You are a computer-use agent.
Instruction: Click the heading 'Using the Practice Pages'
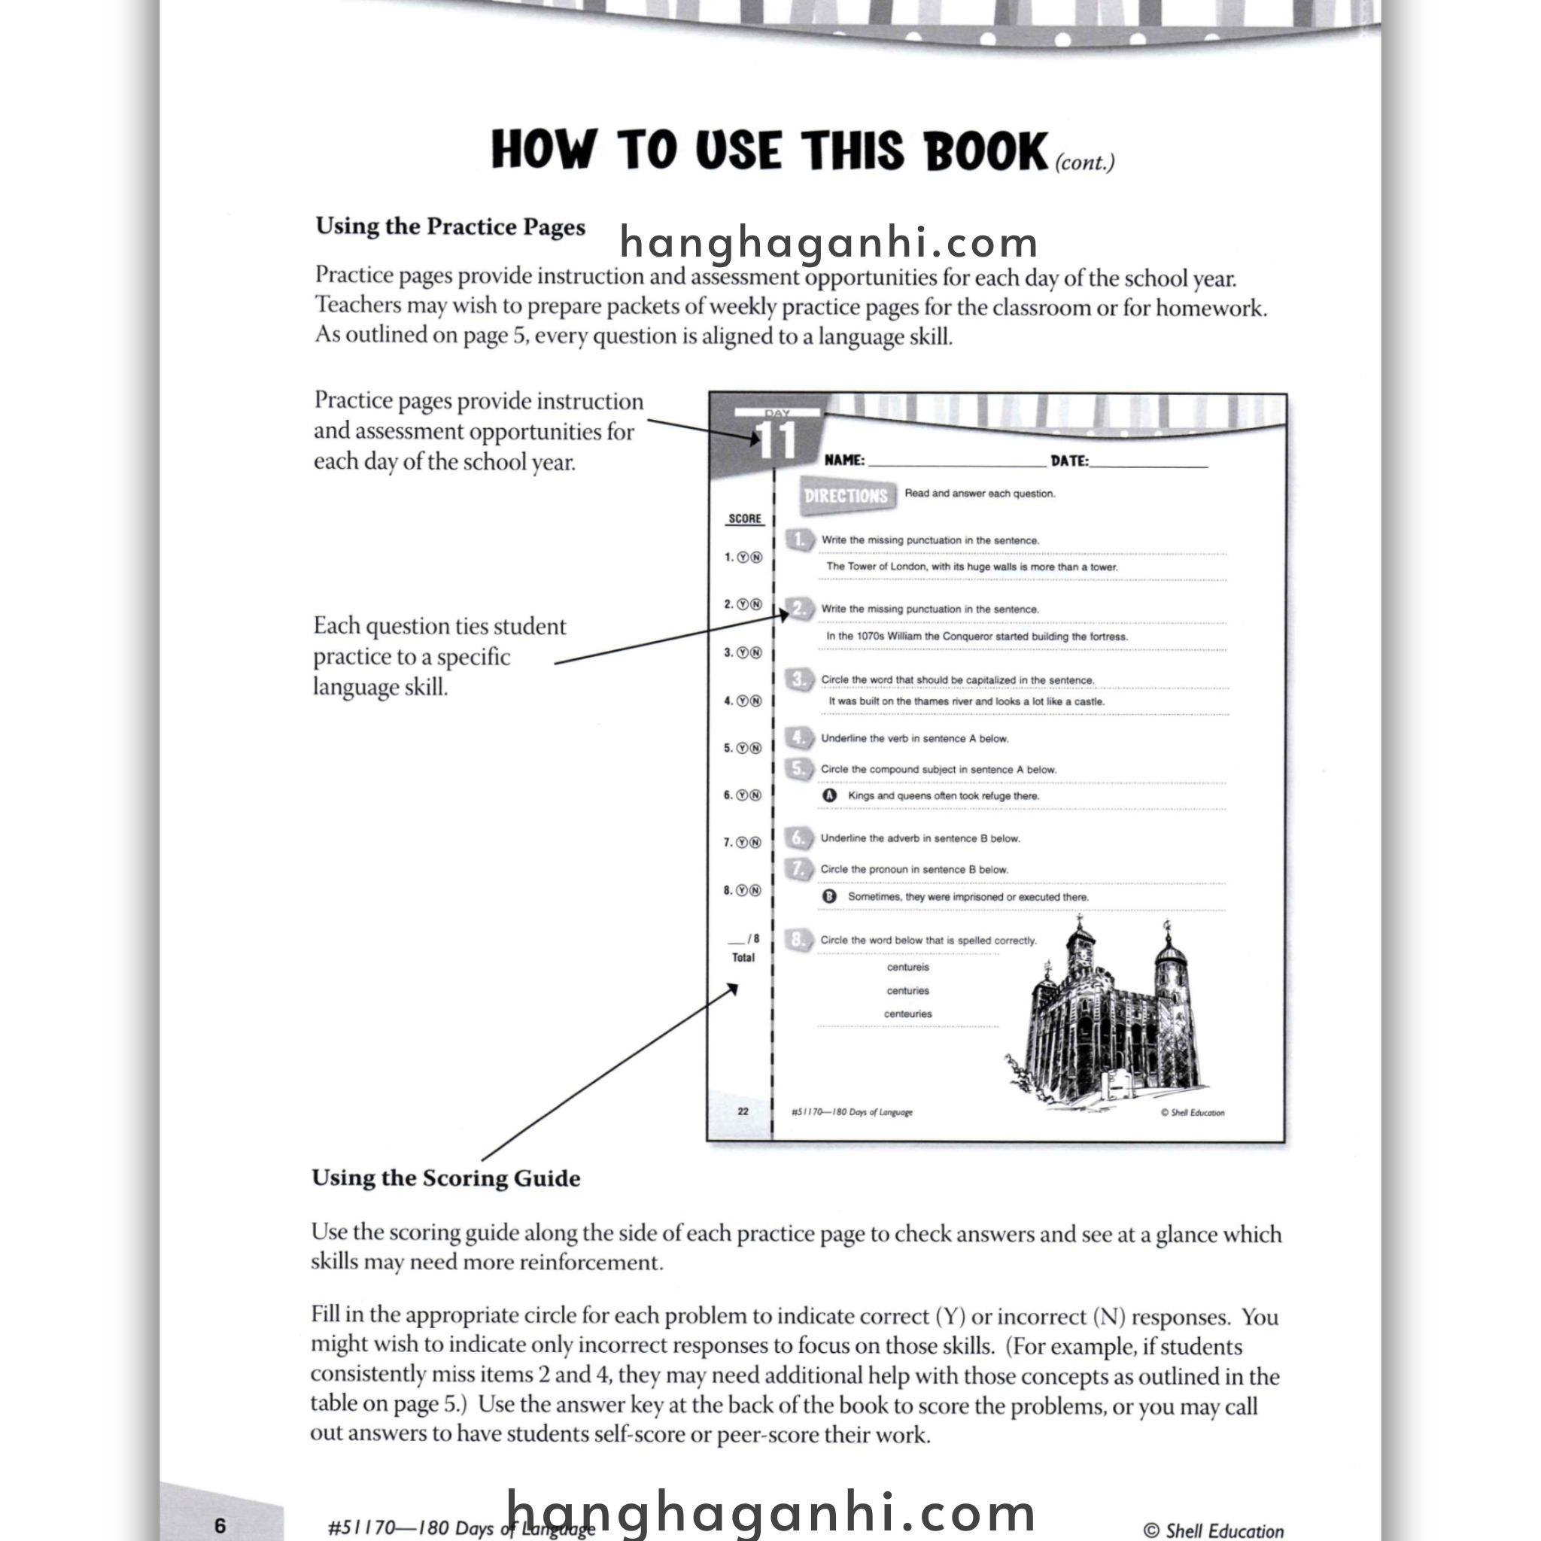pyautogui.click(x=450, y=226)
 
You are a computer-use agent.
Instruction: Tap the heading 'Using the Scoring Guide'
pyautogui.click(x=446, y=1178)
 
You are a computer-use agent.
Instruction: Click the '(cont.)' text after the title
pyautogui.click(x=1084, y=163)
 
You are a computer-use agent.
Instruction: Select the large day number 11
pyautogui.click(x=776, y=441)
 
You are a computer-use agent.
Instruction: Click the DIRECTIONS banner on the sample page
pyautogui.click(x=846, y=496)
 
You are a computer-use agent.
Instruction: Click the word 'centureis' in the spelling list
pyautogui.click(x=907, y=968)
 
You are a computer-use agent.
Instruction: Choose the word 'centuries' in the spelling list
pyautogui.click(x=907, y=991)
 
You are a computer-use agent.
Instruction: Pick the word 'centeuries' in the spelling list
pyautogui.click(x=907, y=1014)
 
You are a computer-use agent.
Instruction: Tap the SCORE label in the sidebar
pyautogui.click(x=745, y=518)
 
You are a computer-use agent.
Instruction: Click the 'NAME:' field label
pyautogui.click(x=844, y=460)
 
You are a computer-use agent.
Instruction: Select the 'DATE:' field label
pyautogui.click(x=1068, y=461)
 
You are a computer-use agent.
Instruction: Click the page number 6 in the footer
pyautogui.click(x=220, y=1525)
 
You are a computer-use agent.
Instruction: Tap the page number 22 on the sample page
pyautogui.click(x=743, y=1111)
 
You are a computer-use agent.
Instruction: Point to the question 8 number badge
pyautogui.click(x=798, y=940)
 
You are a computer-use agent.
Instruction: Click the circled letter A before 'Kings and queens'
pyautogui.click(x=829, y=795)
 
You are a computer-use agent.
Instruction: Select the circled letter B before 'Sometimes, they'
pyautogui.click(x=829, y=896)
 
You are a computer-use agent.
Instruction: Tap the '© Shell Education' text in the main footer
pyautogui.click(x=1213, y=1530)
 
